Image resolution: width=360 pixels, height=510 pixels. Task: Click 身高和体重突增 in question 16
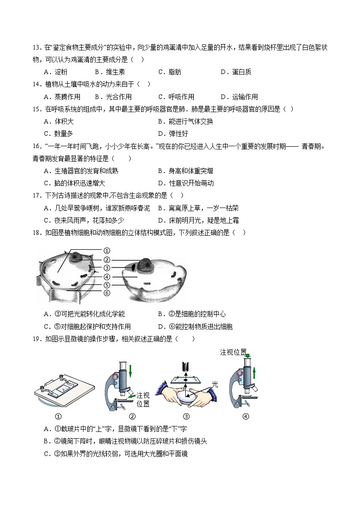[190, 171]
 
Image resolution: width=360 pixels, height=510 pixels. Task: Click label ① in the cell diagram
[107, 251]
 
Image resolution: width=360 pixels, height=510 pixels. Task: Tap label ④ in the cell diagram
[107, 277]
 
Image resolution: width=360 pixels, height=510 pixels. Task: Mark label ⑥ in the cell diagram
[107, 293]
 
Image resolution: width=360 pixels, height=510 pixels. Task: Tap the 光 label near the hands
[215, 384]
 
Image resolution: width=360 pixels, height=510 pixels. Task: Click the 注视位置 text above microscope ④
[233, 352]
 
